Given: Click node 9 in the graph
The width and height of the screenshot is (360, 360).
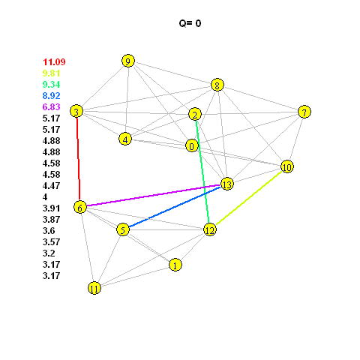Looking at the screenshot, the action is pyautogui.click(x=128, y=61).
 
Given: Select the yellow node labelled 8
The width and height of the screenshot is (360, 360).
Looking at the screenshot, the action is pyautogui.click(x=217, y=85).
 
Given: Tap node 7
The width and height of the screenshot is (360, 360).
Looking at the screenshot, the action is pyautogui.click(x=304, y=112).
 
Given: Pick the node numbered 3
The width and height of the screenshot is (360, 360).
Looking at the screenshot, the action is pyautogui.click(x=76, y=111).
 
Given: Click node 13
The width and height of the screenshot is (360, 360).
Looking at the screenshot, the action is pyautogui.click(x=227, y=184).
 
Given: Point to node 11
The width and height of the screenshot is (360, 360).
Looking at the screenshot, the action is pyautogui.click(x=94, y=288).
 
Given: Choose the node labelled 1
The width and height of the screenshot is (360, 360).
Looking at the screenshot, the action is pyautogui.click(x=175, y=265).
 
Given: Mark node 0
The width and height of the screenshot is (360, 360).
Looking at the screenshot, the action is pyautogui.click(x=192, y=145).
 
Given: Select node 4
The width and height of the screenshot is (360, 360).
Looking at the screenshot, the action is pyautogui.click(x=125, y=139).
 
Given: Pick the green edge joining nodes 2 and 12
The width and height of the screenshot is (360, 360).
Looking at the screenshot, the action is pyautogui.click(x=202, y=172).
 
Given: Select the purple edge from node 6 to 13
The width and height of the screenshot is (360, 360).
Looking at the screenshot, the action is pyautogui.click(x=153, y=196).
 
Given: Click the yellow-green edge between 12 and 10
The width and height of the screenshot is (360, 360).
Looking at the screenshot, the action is pyautogui.click(x=249, y=198).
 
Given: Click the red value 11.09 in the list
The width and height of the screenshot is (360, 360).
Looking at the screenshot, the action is pyautogui.click(x=54, y=61).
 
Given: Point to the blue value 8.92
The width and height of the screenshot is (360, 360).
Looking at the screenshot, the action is pyautogui.click(x=52, y=95).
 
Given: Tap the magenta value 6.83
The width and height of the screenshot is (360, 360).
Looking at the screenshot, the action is pyautogui.click(x=52, y=106).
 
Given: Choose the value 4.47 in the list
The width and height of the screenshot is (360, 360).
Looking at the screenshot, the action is pyautogui.click(x=52, y=185).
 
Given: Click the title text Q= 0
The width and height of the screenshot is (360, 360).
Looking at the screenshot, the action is pyautogui.click(x=190, y=23).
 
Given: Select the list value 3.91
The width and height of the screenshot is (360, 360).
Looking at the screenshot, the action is pyautogui.click(x=52, y=208).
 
